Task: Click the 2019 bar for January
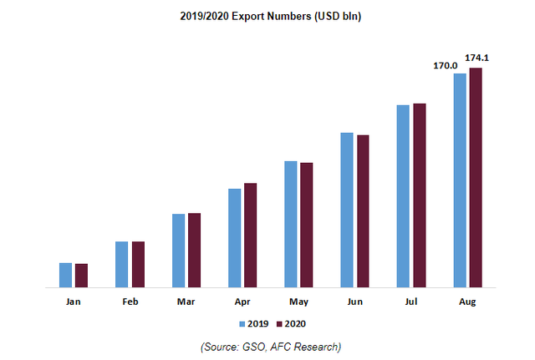65,275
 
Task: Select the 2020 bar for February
138,264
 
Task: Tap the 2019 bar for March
178,251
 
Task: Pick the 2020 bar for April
250,235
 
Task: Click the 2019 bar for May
291,224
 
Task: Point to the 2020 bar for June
363,210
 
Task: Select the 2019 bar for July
403,196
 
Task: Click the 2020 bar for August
476,177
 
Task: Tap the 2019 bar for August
459,180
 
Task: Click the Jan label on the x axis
74,302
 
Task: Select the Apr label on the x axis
242,302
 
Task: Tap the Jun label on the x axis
354,302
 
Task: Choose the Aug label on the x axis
467,302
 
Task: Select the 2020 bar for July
420,195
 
